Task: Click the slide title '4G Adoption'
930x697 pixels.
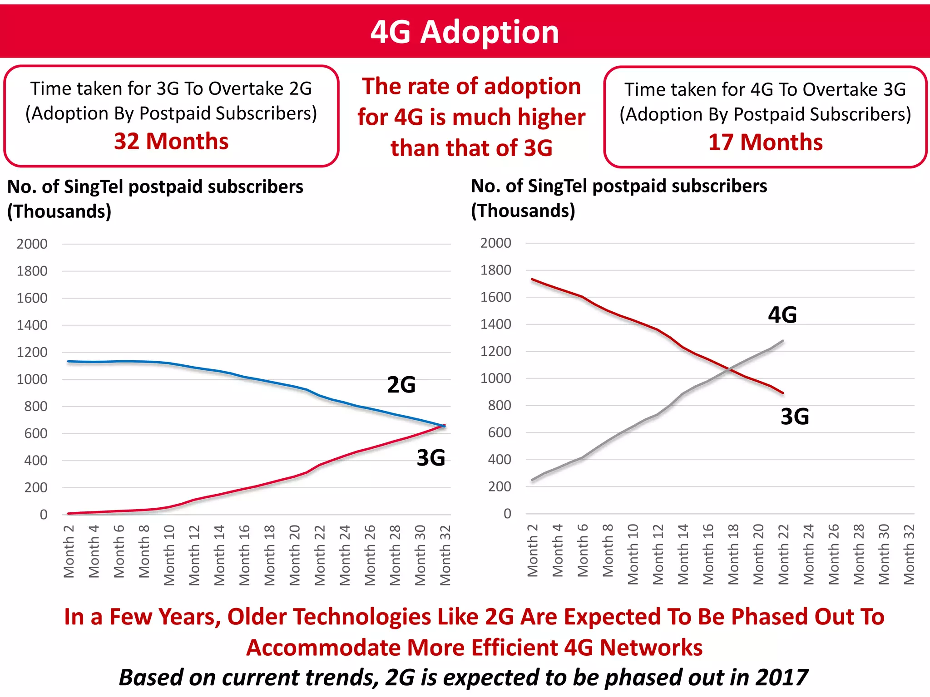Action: tap(465, 32)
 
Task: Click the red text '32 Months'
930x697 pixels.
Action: tap(171, 141)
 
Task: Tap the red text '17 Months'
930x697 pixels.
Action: tap(765, 142)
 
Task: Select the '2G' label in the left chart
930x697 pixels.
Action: tap(401, 385)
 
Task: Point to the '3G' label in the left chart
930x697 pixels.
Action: tap(430, 457)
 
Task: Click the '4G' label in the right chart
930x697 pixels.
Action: tap(782, 315)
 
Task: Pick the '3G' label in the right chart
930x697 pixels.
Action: tap(795, 417)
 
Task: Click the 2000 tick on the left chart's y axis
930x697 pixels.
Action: tap(32, 244)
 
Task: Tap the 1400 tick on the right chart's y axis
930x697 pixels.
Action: tap(495, 324)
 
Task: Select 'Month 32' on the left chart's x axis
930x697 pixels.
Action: tap(445, 555)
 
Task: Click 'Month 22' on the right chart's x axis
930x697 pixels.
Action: tap(783, 554)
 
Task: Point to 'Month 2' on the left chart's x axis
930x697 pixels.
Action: tap(69, 551)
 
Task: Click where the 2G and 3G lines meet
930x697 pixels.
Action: tap(444, 426)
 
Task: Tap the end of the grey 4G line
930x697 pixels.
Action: tap(783, 341)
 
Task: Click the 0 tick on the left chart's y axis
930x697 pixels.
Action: tap(44, 515)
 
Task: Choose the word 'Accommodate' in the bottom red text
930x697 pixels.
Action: tap(323, 648)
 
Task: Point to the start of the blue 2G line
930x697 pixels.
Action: tap(69, 361)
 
